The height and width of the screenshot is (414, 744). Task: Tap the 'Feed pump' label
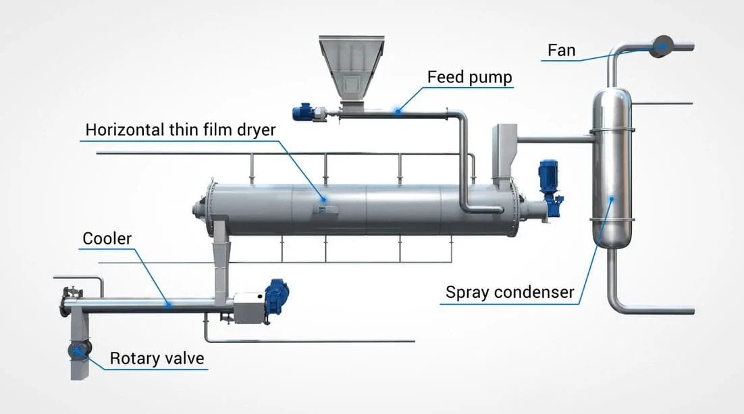(x=469, y=76)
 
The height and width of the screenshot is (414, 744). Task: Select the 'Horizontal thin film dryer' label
(x=180, y=130)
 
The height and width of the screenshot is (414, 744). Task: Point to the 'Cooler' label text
(x=107, y=238)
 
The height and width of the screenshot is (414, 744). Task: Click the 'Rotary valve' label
(x=157, y=357)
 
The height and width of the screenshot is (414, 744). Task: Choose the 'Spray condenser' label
(x=510, y=292)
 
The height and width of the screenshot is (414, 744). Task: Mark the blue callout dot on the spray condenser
(x=612, y=199)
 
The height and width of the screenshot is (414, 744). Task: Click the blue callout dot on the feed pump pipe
(x=398, y=111)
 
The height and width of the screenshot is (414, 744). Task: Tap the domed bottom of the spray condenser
(x=613, y=240)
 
